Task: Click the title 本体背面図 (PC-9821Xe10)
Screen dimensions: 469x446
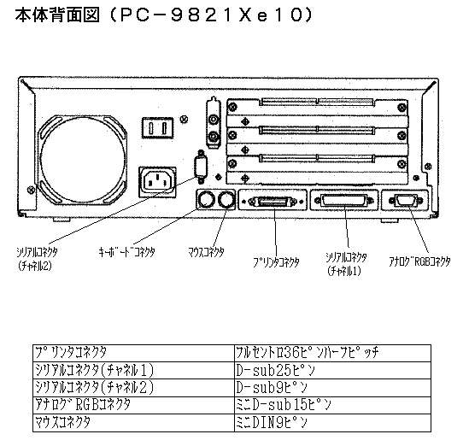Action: (164, 15)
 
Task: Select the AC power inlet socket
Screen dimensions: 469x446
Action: (157, 182)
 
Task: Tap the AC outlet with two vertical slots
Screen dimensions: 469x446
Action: (157, 127)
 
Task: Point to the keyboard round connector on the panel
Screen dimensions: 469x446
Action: (206, 200)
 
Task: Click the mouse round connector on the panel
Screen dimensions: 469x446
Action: (226, 200)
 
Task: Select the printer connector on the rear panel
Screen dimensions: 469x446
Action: (273, 201)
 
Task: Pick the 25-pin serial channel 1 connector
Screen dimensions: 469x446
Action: (344, 200)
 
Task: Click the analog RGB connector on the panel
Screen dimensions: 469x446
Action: (406, 200)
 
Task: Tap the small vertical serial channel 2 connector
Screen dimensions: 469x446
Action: (201, 167)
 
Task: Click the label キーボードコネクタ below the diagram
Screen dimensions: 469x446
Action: (126, 252)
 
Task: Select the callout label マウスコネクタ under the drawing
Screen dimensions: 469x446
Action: (206, 252)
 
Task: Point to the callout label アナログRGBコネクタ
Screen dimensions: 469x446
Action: (419, 261)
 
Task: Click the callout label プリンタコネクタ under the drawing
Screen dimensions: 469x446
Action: (276, 262)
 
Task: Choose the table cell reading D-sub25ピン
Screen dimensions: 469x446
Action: (275, 371)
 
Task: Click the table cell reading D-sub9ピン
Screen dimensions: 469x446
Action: (272, 388)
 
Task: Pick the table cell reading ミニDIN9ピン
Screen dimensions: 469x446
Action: (272, 423)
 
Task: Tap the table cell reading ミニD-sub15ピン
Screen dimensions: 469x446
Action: (284, 405)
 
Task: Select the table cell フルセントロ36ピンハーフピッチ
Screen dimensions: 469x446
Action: (308, 353)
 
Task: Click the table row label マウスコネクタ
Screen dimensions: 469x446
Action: (62, 423)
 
